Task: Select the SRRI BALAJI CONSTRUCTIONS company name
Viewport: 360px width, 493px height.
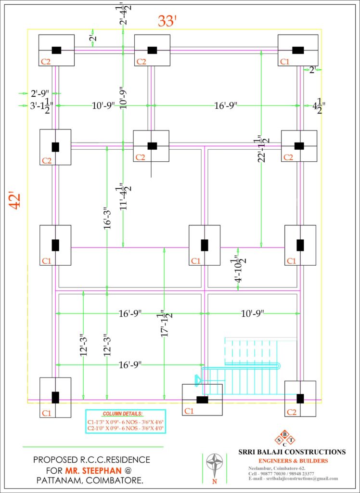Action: [292, 452]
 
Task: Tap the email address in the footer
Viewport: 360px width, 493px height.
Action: [294, 479]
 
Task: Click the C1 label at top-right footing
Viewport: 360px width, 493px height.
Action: [285, 62]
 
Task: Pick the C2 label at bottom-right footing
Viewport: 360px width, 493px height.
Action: [291, 412]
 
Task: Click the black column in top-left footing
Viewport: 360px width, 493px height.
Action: [57, 50]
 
